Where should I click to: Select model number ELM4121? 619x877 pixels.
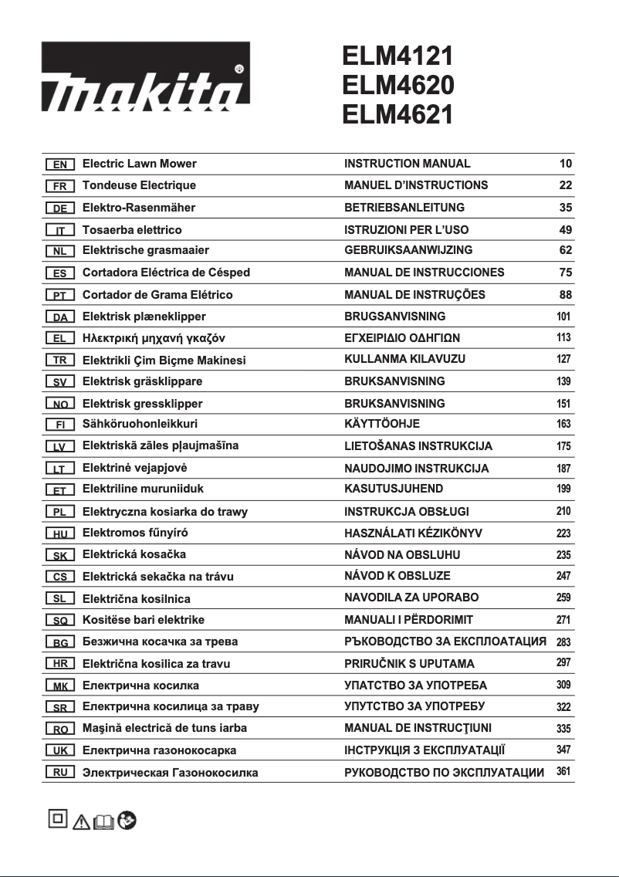click(397, 56)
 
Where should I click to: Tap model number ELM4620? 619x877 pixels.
click(398, 84)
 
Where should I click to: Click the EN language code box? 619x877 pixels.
click(59, 164)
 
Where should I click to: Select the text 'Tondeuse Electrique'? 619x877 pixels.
click(139, 185)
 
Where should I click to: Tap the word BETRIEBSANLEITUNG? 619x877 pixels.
click(404, 208)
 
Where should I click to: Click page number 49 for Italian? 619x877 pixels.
click(565, 230)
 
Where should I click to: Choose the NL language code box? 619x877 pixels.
click(59, 251)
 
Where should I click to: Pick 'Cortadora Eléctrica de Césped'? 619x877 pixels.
click(166, 273)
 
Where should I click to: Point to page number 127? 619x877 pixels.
click(563, 360)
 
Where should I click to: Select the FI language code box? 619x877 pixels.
click(59, 425)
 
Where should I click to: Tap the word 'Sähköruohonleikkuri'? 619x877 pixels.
click(140, 424)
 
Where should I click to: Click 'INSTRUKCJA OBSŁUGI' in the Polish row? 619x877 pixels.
click(407, 512)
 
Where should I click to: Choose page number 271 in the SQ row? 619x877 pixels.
click(563, 620)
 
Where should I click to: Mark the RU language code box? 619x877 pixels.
click(59, 772)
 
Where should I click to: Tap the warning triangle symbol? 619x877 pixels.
click(81, 822)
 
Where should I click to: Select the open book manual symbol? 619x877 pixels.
click(103, 823)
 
